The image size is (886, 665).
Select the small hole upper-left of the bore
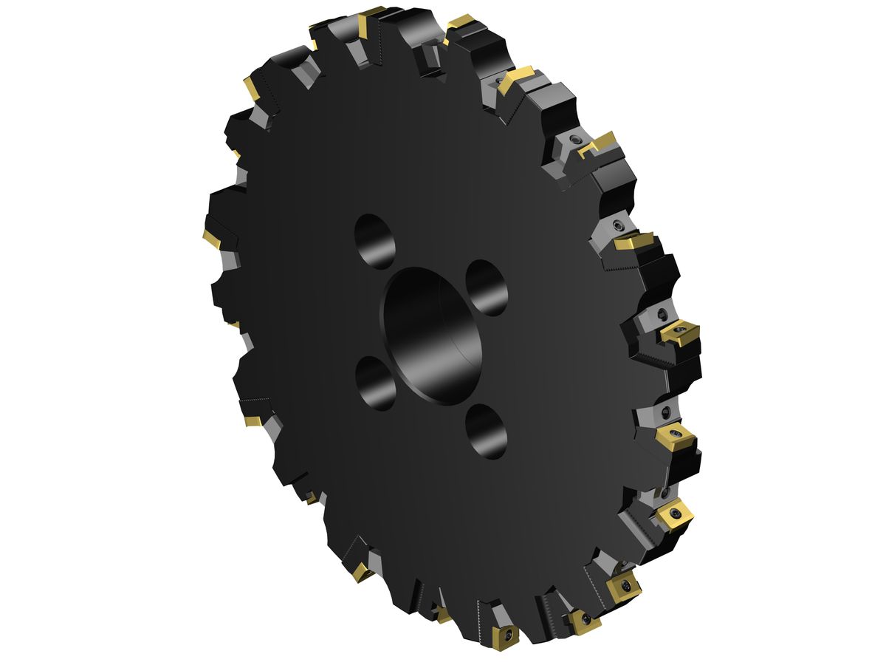click(375, 242)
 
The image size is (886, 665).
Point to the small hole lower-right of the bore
click(487, 430)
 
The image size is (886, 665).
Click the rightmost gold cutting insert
click(680, 333)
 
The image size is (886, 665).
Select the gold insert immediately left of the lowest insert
click(442, 613)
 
